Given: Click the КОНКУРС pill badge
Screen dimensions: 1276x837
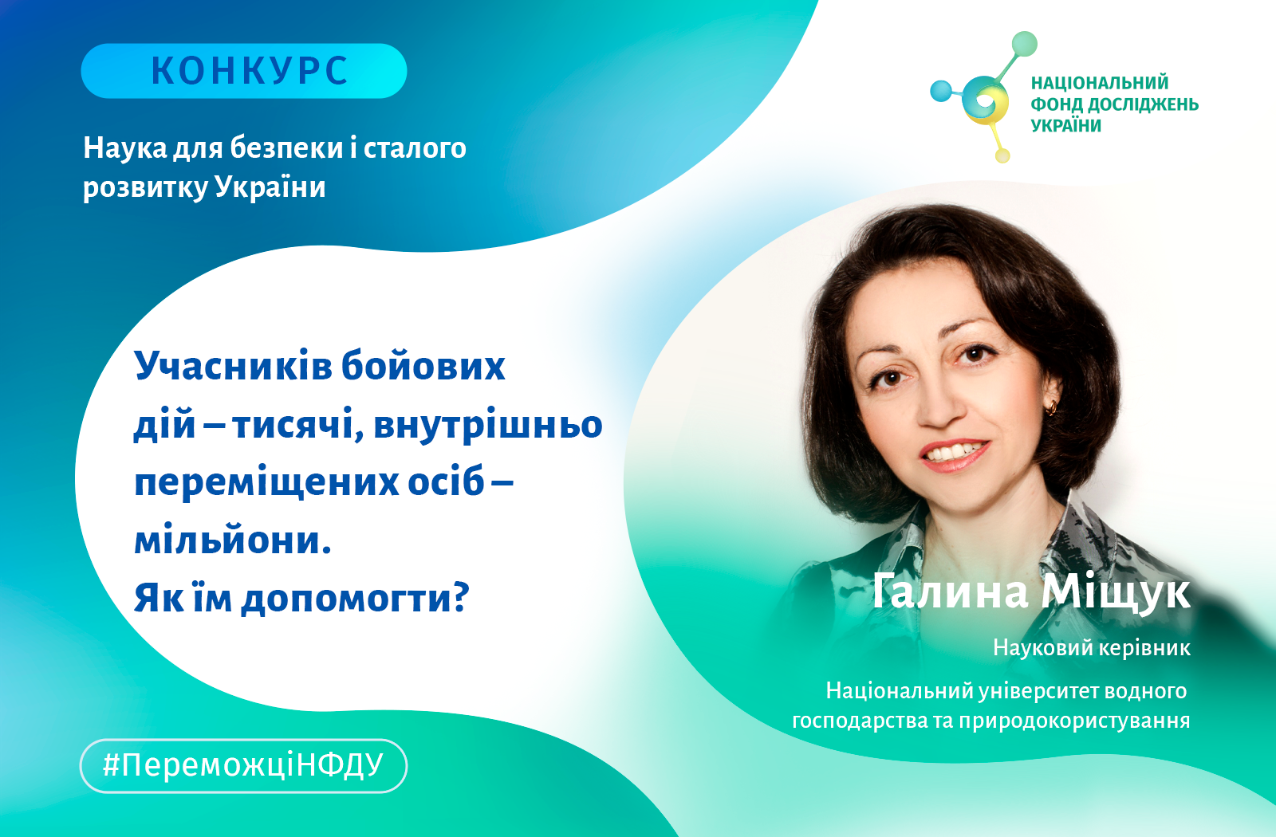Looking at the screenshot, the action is coord(244,71).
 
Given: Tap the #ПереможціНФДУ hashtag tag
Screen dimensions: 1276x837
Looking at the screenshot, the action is coord(244,766).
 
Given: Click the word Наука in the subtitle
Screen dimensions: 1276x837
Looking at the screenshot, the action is coord(125,148).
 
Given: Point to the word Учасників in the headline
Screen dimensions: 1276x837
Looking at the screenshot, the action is coord(234,366).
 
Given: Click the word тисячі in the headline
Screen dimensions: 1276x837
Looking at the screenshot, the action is coord(298,424).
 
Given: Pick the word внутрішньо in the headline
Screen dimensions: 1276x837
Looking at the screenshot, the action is coord(488,424).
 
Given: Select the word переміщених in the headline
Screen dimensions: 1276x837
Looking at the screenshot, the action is coord(266,481).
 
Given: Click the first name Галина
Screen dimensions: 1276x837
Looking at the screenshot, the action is coord(950,592).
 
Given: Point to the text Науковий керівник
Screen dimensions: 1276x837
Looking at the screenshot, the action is coord(1092,648).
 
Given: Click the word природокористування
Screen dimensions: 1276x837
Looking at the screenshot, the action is coord(1074,721).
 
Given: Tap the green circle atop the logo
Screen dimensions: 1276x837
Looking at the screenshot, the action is coord(1025,44).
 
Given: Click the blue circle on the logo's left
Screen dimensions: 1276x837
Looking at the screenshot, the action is coord(941,91).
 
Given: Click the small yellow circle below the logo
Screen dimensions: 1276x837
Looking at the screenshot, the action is coord(1002,155).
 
